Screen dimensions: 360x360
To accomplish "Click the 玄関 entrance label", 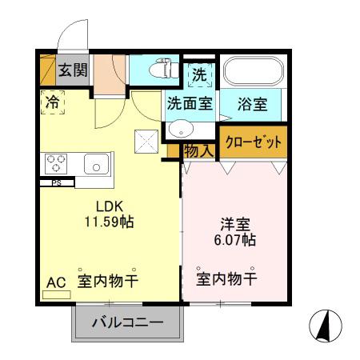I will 73,70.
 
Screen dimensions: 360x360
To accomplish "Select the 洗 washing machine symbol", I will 199,74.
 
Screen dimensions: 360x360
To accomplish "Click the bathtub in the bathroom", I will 252,73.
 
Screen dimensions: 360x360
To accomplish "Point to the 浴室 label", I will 252,102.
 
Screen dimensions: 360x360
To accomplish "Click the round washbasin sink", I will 180,129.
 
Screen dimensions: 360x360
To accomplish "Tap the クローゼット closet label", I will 252,142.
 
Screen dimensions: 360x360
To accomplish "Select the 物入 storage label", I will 198,149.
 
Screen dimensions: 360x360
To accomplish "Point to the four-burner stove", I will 56,164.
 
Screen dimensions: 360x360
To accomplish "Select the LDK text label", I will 109,205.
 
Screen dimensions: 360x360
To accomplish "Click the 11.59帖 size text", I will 109,222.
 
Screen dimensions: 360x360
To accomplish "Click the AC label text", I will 55,282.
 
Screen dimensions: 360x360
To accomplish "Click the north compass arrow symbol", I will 325,324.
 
